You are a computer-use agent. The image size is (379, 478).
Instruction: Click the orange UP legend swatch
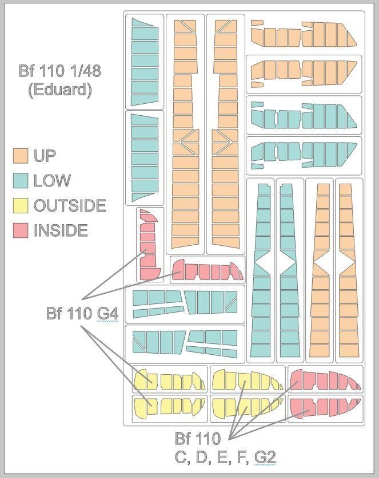click(21, 156)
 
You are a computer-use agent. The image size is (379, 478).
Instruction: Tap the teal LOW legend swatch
click(21, 180)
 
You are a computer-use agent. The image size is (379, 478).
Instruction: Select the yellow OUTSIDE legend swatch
click(21, 205)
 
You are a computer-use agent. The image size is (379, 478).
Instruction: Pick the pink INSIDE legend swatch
click(21, 230)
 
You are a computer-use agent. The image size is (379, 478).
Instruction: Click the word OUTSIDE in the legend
click(70, 205)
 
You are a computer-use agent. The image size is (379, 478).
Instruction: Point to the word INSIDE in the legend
click(61, 230)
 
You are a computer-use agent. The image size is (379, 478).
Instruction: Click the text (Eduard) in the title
click(60, 90)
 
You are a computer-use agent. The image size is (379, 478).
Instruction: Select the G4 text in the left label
click(107, 313)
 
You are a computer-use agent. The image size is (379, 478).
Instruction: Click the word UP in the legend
click(45, 156)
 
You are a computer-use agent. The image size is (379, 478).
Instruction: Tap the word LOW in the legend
click(52, 180)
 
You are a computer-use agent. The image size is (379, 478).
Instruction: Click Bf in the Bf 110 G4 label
click(53, 313)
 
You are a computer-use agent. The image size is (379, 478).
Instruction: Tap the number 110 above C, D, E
click(207, 439)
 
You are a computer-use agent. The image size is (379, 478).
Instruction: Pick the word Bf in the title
click(26, 71)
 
